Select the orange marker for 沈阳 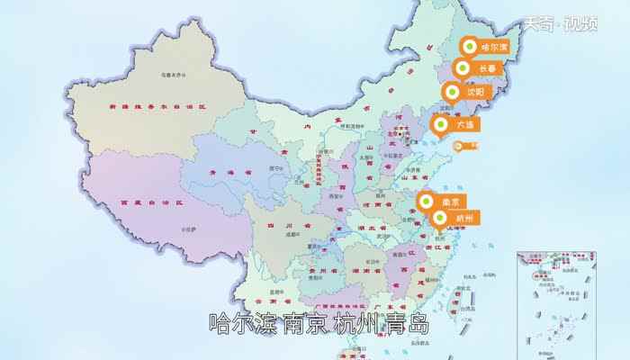click(468, 92)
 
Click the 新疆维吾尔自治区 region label click(157, 106)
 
